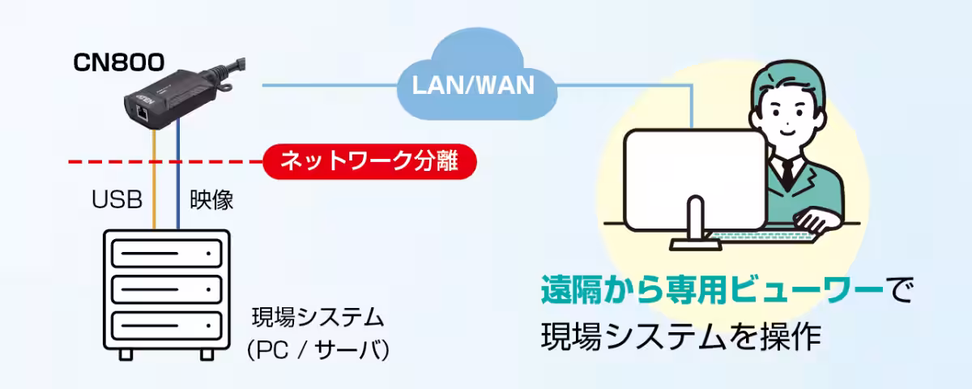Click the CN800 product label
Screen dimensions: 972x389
pos(119,62)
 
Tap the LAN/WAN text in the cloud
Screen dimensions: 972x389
pos(473,86)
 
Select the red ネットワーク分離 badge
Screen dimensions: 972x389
pos(369,161)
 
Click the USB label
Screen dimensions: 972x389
pos(117,199)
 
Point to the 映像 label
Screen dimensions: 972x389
pos(211,200)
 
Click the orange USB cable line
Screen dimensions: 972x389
pos(154,179)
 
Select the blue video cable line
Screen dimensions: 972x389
pos(178,173)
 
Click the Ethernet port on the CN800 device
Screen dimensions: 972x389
pos(142,113)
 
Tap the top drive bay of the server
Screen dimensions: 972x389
pos(167,254)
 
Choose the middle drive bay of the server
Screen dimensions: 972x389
pos(167,289)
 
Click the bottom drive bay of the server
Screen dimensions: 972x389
pos(167,326)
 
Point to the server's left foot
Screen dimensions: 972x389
pos(126,355)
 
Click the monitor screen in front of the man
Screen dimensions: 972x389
pos(695,179)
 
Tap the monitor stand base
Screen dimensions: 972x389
pos(696,245)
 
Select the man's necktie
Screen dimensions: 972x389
pos(787,173)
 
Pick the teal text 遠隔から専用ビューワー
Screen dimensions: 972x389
pos(712,290)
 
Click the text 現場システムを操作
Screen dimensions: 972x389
pos(681,336)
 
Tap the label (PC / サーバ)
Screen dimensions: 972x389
pos(318,350)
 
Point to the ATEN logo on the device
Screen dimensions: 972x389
pos(145,99)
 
